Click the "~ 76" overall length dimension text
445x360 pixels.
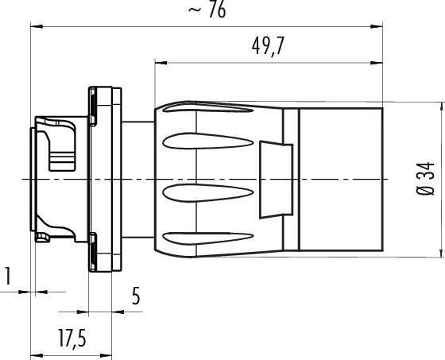(205, 11)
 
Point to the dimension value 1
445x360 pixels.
(7, 277)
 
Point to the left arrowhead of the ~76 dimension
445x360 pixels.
(34, 27)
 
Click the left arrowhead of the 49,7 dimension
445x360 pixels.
(157, 62)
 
